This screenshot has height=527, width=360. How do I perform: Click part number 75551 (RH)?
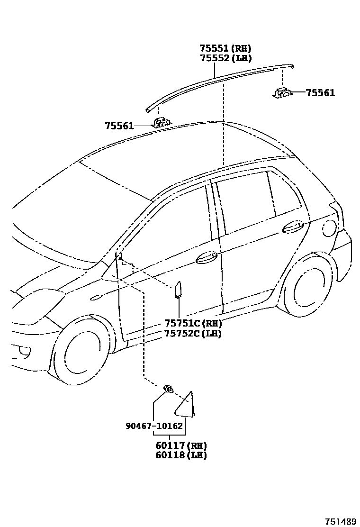[x=225, y=48]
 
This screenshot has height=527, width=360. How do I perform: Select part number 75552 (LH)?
[x=225, y=58]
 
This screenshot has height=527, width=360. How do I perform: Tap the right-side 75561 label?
[x=320, y=93]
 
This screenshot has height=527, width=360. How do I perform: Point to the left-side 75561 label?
[x=119, y=126]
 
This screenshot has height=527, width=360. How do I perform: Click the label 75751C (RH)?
[x=193, y=323]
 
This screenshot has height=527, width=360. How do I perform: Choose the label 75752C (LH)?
[x=193, y=333]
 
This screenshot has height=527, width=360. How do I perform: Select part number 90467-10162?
[x=154, y=426]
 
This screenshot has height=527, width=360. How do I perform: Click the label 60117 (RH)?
[x=181, y=445]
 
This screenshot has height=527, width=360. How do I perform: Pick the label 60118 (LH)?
[x=181, y=455]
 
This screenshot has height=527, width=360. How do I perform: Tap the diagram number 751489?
[x=340, y=521]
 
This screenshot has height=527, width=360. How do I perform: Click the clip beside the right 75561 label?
[x=282, y=92]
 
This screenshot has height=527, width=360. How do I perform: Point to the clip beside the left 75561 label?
[x=161, y=123]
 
